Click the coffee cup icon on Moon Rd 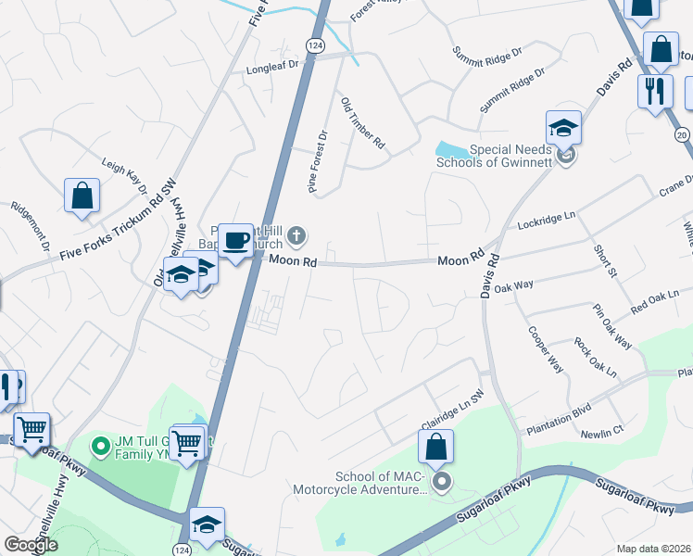click(235, 240)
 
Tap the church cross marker click(296, 235)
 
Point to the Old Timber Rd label click(362, 124)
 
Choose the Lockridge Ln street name click(548, 223)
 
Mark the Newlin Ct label click(602, 432)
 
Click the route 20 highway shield click(683, 135)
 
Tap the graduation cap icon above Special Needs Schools click(563, 128)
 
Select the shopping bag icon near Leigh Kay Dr click(82, 196)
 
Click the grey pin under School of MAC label click(442, 480)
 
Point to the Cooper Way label click(546, 348)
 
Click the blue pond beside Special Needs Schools click(451, 149)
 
